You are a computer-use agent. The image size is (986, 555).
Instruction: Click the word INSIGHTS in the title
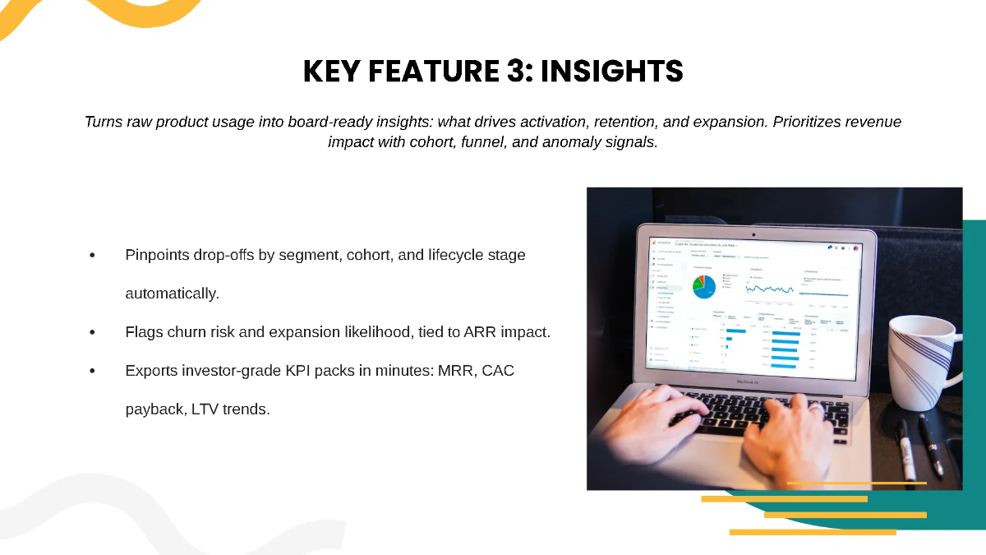click(x=611, y=72)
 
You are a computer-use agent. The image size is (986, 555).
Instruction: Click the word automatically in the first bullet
click(x=172, y=293)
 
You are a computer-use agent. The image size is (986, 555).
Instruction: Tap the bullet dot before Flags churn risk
click(x=93, y=332)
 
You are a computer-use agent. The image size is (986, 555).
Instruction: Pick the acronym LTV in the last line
click(x=205, y=409)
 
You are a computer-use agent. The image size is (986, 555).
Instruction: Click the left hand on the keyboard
click(x=649, y=411)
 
